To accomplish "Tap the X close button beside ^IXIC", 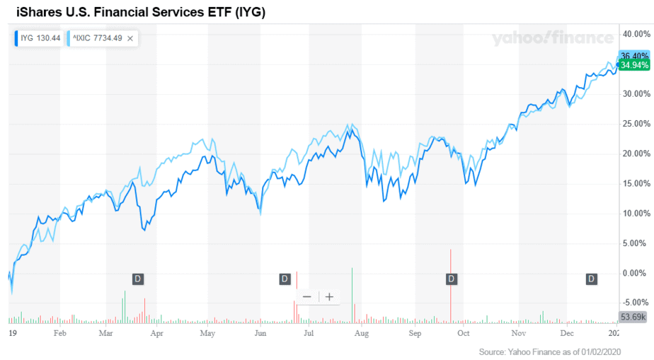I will coord(130,39).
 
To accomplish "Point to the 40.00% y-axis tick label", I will coord(635,34).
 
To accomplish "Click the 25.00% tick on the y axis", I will coord(635,124).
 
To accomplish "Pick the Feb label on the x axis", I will coord(60,332).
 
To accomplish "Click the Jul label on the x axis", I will coord(309,332).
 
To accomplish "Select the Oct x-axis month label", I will coord(464,332).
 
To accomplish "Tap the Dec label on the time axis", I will coord(567,332).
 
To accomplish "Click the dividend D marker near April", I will coord(138,279).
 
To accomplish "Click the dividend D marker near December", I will coord(591,279).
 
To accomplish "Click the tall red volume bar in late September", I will coord(450,283).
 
